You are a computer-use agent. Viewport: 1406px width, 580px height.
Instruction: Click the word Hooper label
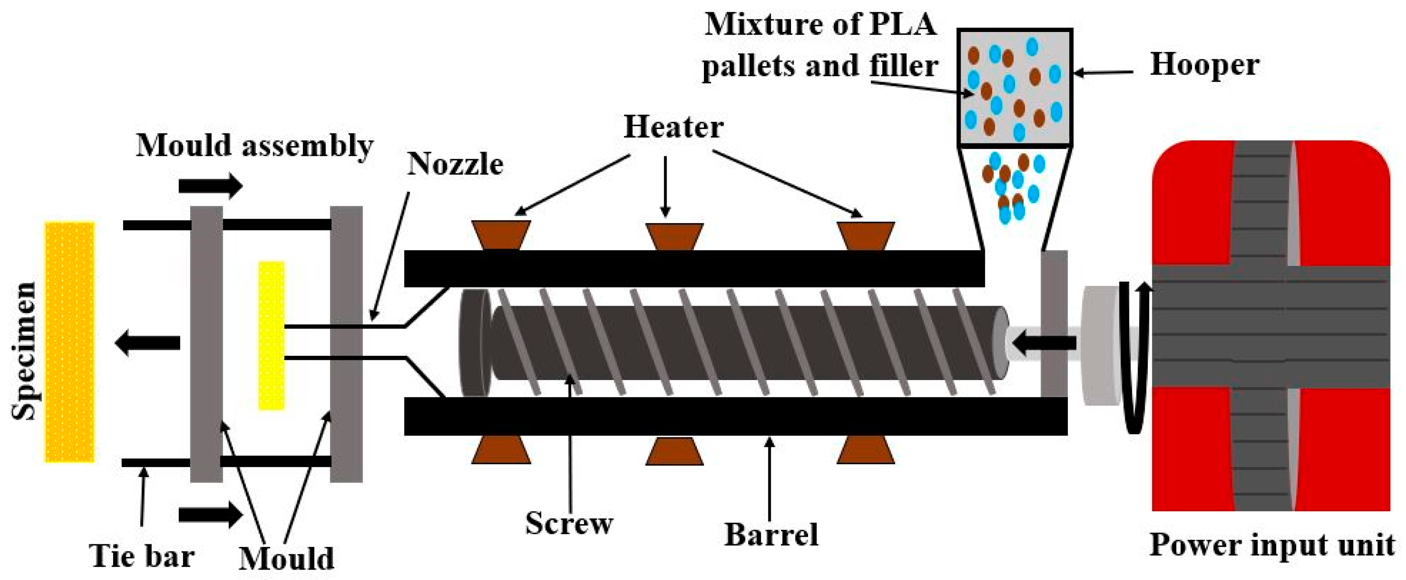(x=1204, y=65)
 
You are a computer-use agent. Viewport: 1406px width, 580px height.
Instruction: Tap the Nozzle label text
(x=455, y=164)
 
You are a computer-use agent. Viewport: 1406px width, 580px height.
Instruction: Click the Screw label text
(x=569, y=523)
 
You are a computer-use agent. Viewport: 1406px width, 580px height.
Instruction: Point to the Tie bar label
(x=142, y=557)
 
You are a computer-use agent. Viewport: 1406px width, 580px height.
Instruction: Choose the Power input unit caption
(x=1272, y=545)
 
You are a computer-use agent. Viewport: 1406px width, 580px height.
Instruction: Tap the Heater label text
(x=673, y=128)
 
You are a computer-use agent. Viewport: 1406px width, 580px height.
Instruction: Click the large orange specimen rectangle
(x=69, y=342)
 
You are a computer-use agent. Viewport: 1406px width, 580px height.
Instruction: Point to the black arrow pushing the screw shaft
(x=1044, y=343)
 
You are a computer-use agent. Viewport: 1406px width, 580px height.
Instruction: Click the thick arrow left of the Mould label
(x=211, y=514)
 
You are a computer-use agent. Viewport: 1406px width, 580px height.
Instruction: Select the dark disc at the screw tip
(x=474, y=343)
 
